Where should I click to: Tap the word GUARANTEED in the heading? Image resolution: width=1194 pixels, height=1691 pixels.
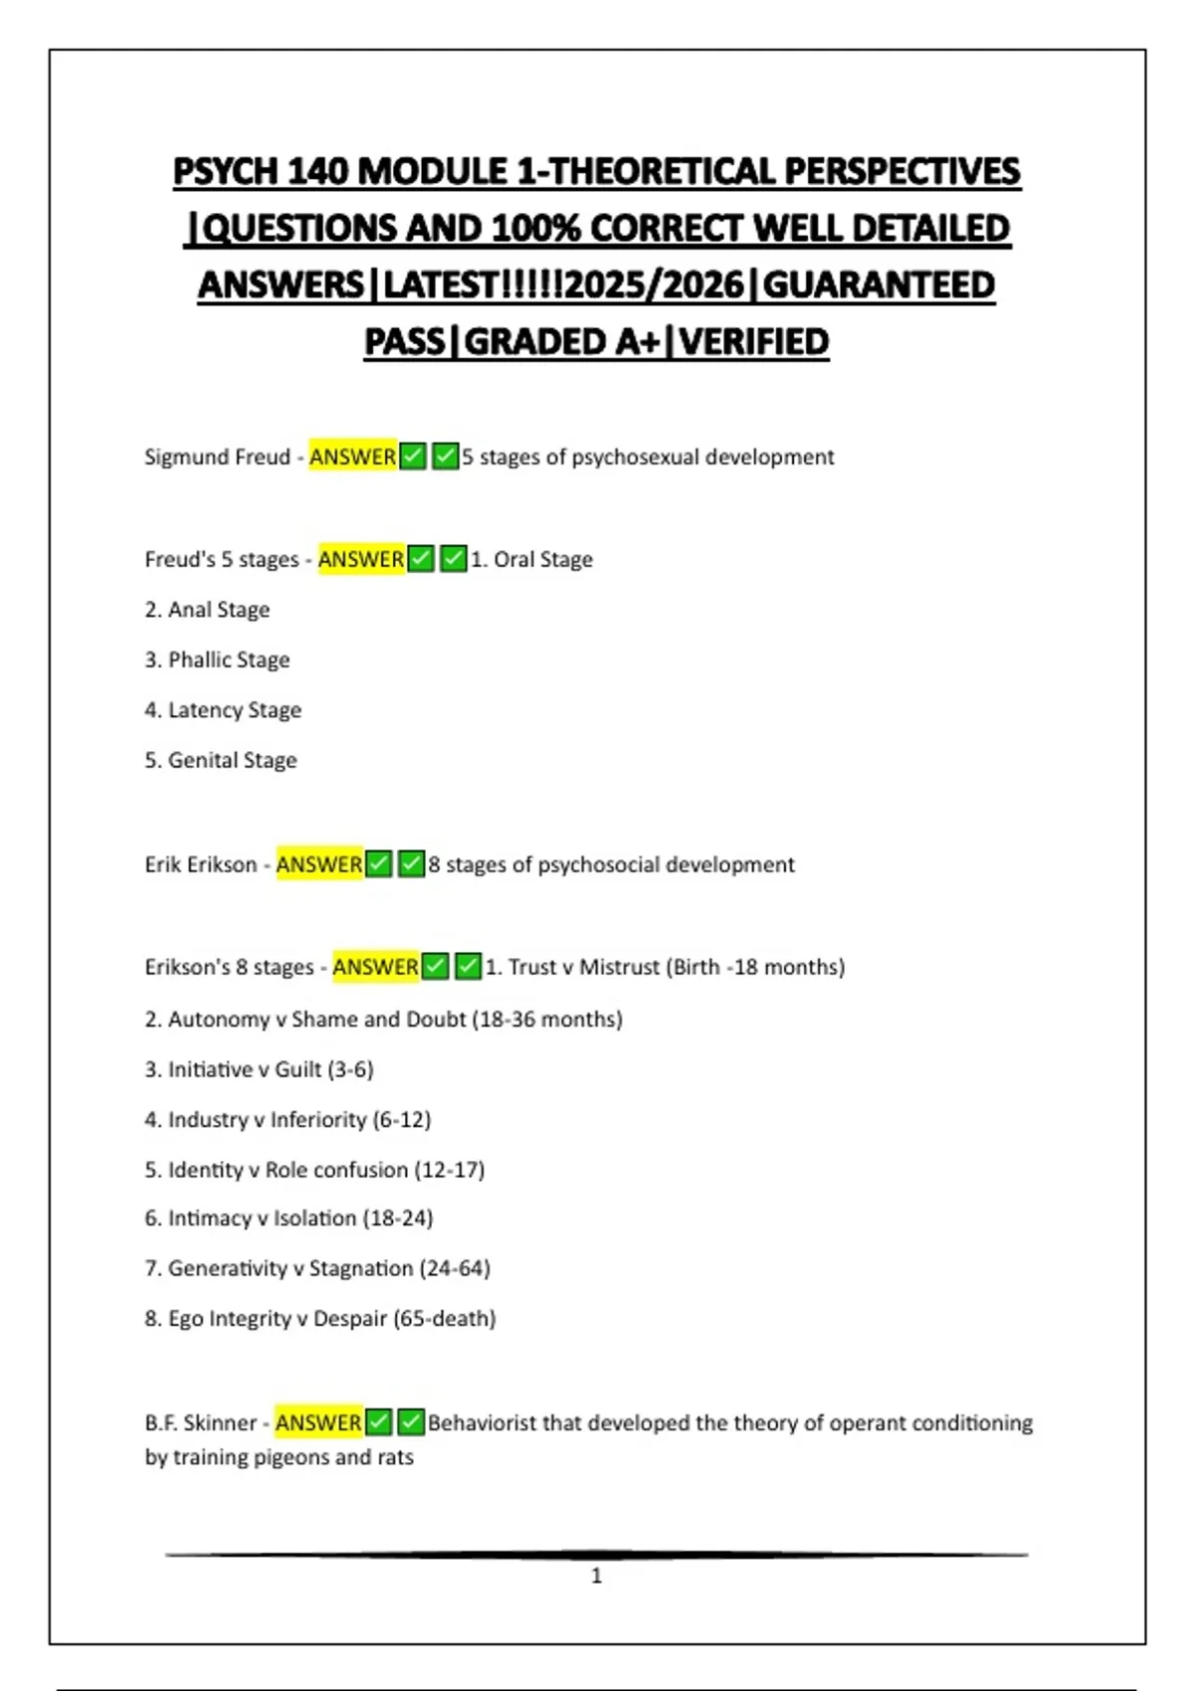tap(879, 285)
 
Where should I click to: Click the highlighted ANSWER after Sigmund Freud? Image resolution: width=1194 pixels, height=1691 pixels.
tap(352, 457)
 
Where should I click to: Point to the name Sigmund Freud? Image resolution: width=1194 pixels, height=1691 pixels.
tap(217, 457)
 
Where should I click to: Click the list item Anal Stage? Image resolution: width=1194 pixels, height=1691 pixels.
tap(218, 610)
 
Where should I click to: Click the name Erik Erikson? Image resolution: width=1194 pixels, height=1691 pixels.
tap(201, 864)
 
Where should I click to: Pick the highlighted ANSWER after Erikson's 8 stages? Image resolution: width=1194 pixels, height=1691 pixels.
tap(375, 967)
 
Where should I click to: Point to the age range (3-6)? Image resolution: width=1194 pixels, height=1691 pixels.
tap(350, 1069)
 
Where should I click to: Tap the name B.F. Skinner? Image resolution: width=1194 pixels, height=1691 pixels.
tap(201, 1422)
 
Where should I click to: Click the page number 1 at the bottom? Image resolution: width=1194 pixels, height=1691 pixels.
tap(596, 1576)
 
